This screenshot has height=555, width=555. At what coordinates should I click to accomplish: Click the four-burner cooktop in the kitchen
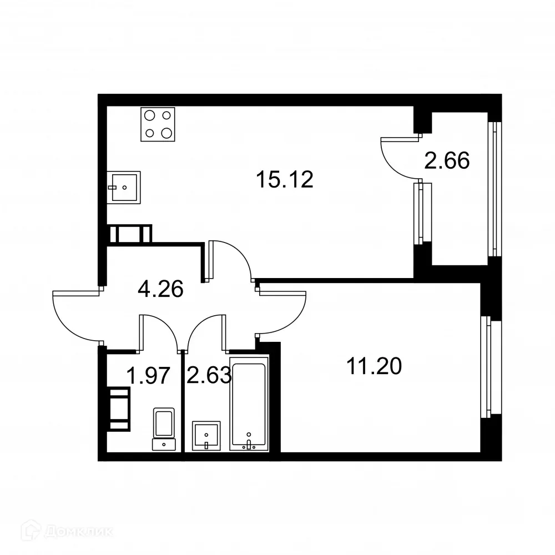(x=158, y=124)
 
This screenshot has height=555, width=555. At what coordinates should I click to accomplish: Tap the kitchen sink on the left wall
(x=123, y=188)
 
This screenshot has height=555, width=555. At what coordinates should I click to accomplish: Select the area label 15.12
(x=285, y=179)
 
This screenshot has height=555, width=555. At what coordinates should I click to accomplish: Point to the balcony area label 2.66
(x=447, y=161)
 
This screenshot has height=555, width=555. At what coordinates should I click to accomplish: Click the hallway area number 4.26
(x=160, y=289)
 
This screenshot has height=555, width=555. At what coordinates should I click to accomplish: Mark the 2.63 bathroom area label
(x=209, y=376)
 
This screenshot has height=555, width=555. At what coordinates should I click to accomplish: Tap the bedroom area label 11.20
(x=374, y=366)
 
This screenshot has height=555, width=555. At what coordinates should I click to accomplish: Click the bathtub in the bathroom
(x=249, y=404)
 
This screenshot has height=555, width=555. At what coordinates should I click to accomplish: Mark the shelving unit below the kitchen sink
(x=130, y=234)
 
